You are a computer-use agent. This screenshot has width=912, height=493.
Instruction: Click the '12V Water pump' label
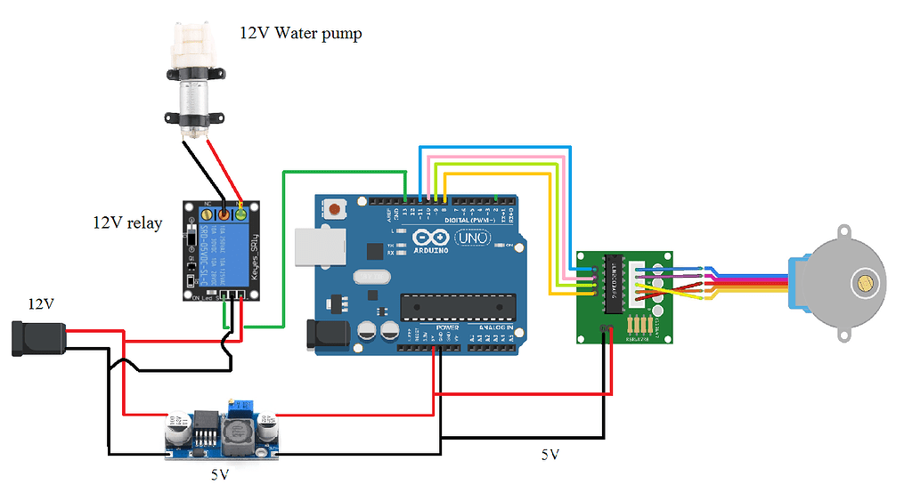[x=300, y=34]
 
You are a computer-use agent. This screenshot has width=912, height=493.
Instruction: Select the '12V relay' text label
[x=127, y=223]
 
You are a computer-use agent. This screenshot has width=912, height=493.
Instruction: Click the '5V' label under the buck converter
[x=220, y=475]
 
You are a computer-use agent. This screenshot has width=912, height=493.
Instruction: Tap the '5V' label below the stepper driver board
[x=550, y=455]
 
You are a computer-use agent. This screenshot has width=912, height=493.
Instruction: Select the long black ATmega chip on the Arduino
[x=458, y=306]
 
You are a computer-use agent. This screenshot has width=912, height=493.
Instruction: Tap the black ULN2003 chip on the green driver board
[x=614, y=284]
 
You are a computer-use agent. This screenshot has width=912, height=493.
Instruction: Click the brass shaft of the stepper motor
[x=864, y=284]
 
